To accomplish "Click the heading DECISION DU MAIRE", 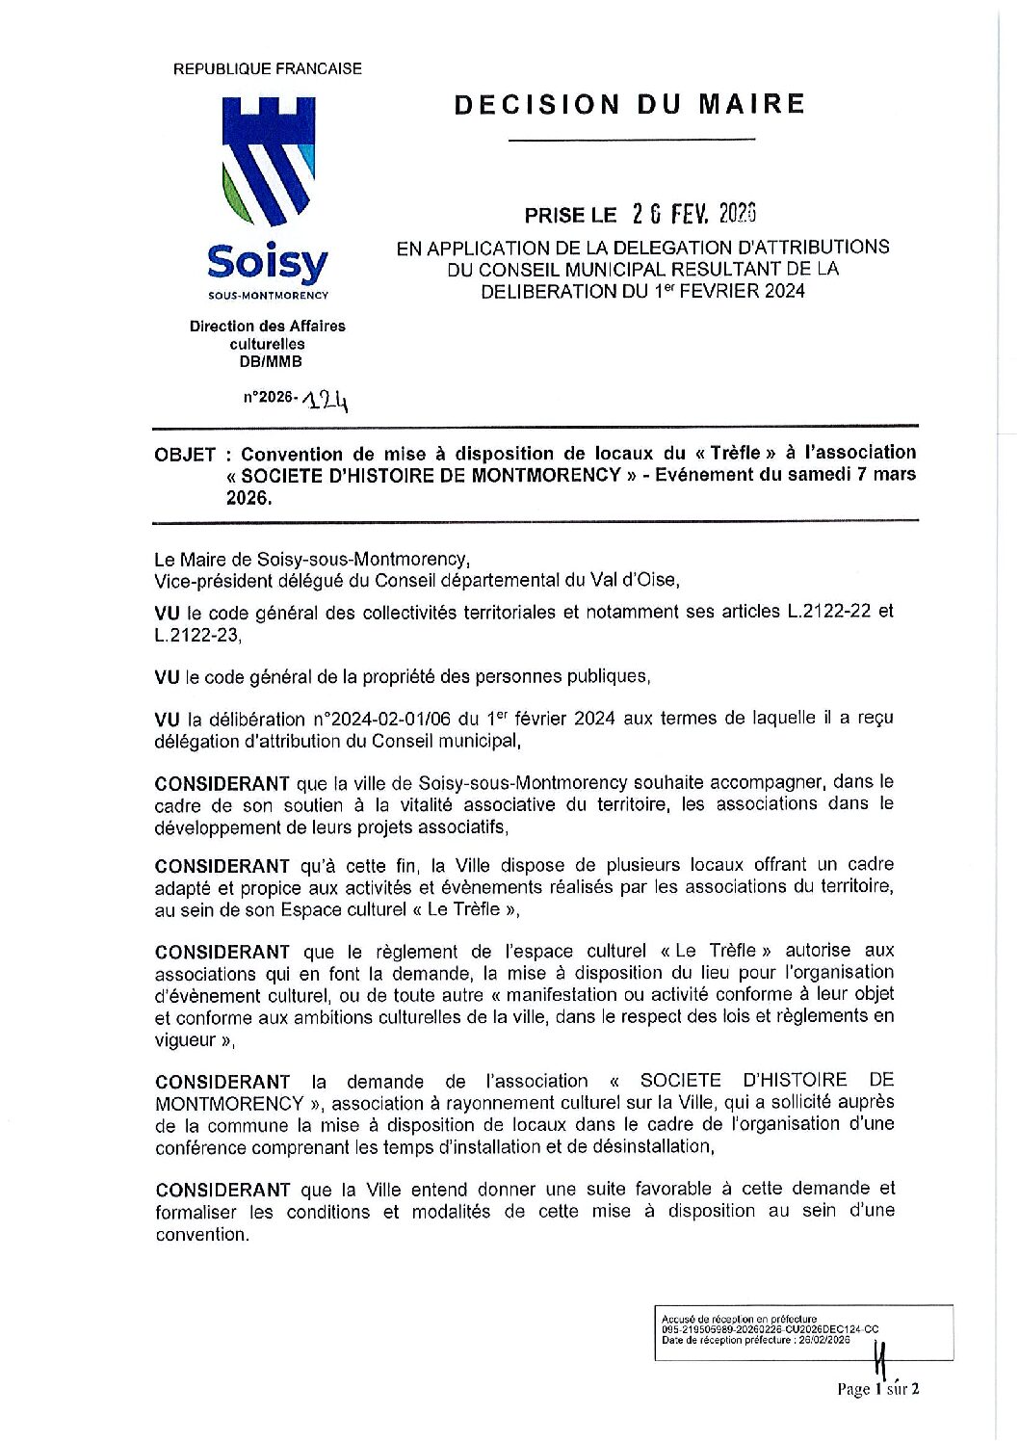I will click(629, 104).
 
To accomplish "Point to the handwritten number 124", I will click(325, 399).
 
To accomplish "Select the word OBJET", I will click(184, 455).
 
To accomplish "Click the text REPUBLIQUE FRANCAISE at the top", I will click(267, 69).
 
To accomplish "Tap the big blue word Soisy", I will click(267, 262).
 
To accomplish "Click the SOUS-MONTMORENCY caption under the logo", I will click(268, 296).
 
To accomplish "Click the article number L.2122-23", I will click(192, 636).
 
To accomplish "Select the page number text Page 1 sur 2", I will click(878, 1388).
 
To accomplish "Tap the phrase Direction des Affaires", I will click(268, 327).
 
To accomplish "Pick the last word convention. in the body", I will click(202, 1234).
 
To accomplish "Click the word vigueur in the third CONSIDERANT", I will click(186, 1039).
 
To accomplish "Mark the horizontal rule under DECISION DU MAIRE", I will click(631, 141).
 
